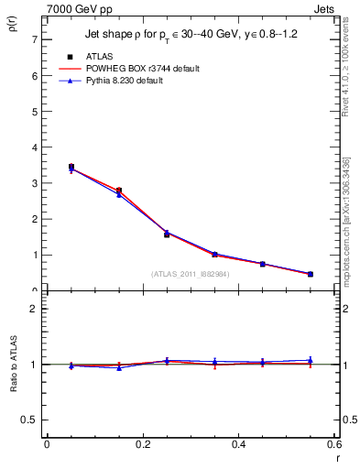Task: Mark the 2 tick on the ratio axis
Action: point(34,309)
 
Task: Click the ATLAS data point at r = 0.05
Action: point(71,168)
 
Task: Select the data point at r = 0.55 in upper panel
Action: point(311,274)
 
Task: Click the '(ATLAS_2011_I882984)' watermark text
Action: point(191,273)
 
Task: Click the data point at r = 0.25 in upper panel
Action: point(167,234)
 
